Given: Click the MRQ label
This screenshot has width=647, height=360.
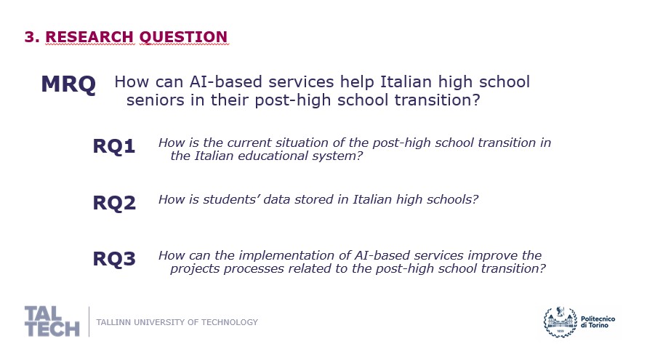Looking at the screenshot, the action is [68, 84].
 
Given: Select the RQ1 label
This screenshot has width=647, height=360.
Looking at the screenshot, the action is [114, 146].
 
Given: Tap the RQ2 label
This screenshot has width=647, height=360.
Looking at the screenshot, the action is [114, 203].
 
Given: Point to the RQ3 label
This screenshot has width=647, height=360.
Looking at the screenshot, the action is [114, 259].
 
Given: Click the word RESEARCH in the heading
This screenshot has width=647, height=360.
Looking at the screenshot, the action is [89, 37].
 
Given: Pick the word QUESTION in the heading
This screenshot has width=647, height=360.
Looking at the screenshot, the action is [184, 37].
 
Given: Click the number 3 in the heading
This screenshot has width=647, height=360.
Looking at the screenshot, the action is [30, 37].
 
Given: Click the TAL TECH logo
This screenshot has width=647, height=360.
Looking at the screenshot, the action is [52, 321].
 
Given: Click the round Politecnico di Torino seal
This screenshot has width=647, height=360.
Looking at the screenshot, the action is [560, 322].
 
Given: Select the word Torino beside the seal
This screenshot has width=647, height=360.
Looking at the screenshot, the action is [599, 325].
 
